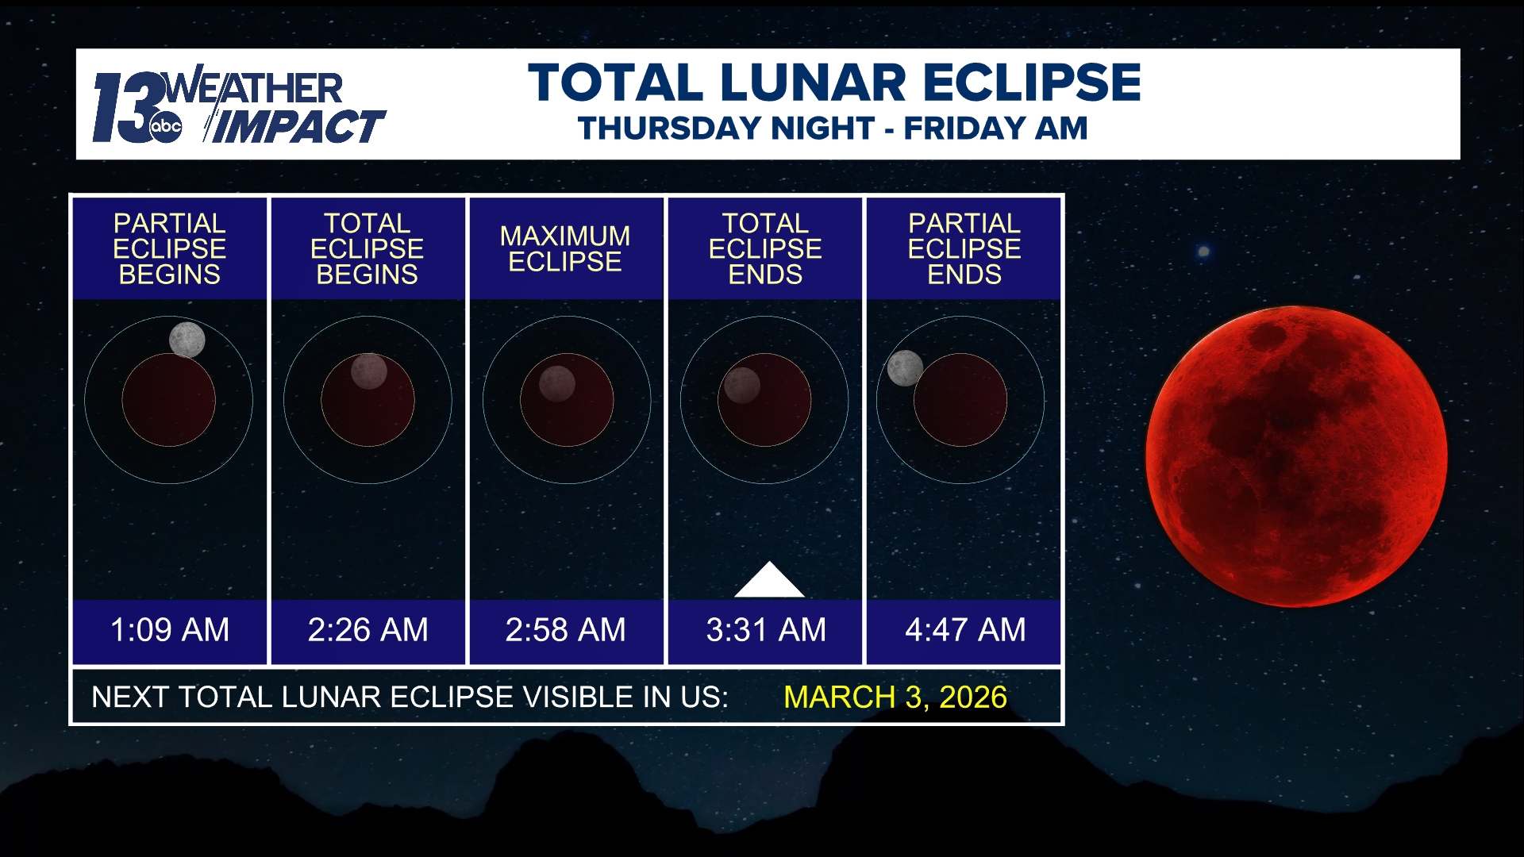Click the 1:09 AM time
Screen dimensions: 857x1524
coord(170,630)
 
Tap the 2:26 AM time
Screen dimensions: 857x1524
coord(368,630)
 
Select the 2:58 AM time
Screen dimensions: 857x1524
coord(565,630)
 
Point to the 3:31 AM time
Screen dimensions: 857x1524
coord(766,630)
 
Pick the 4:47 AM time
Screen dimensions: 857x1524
coord(965,630)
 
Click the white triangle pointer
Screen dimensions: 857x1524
coord(768,582)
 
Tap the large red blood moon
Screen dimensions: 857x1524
coord(1296,456)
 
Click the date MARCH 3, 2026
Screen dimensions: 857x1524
coord(895,697)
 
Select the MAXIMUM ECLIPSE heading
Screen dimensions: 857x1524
coord(565,248)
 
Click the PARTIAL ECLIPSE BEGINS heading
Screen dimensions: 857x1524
coord(169,248)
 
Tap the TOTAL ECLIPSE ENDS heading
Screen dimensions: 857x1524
coord(765,248)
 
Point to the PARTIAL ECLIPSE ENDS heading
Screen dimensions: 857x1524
coord(964,248)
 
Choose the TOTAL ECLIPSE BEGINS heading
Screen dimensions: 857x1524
coord(367,248)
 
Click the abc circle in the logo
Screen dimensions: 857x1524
coord(166,127)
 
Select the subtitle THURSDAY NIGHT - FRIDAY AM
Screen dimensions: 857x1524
coord(833,129)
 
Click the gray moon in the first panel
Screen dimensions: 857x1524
coord(187,340)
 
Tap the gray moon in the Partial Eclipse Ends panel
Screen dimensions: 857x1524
coord(905,368)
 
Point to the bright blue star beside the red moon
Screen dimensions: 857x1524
coord(1203,252)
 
